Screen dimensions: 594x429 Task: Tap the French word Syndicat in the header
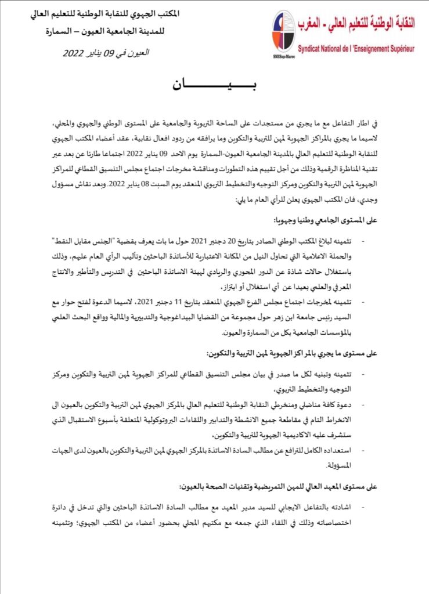[x=314, y=51]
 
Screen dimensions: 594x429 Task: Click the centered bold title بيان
[x=214, y=86]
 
